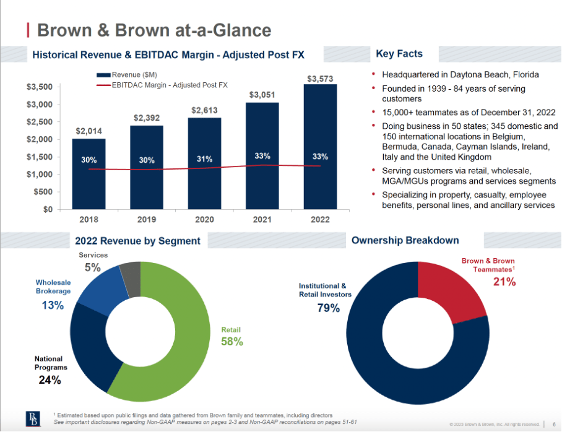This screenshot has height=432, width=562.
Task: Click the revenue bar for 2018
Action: [x=89, y=179]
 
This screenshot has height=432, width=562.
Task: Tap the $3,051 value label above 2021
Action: [x=262, y=95]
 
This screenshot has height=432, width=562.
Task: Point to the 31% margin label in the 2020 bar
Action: [x=205, y=159]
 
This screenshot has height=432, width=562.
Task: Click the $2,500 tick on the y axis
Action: [x=40, y=122]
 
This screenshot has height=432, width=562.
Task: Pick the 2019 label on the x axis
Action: [x=147, y=219]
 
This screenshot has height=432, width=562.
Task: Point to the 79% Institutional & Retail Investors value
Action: [x=328, y=308]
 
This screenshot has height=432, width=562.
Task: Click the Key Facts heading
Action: [x=399, y=54]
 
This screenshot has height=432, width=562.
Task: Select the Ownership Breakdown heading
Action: [x=405, y=240]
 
